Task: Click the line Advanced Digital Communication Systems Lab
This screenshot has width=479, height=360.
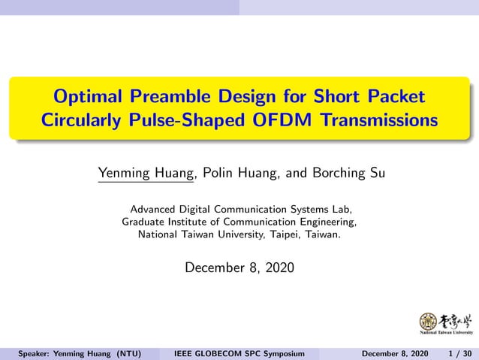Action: (239, 209)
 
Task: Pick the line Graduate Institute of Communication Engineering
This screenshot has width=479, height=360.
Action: (239, 222)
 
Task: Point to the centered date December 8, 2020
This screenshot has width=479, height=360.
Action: (239, 268)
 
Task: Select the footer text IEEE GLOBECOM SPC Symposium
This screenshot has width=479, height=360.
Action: (239, 353)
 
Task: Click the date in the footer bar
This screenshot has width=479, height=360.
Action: (395, 353)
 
